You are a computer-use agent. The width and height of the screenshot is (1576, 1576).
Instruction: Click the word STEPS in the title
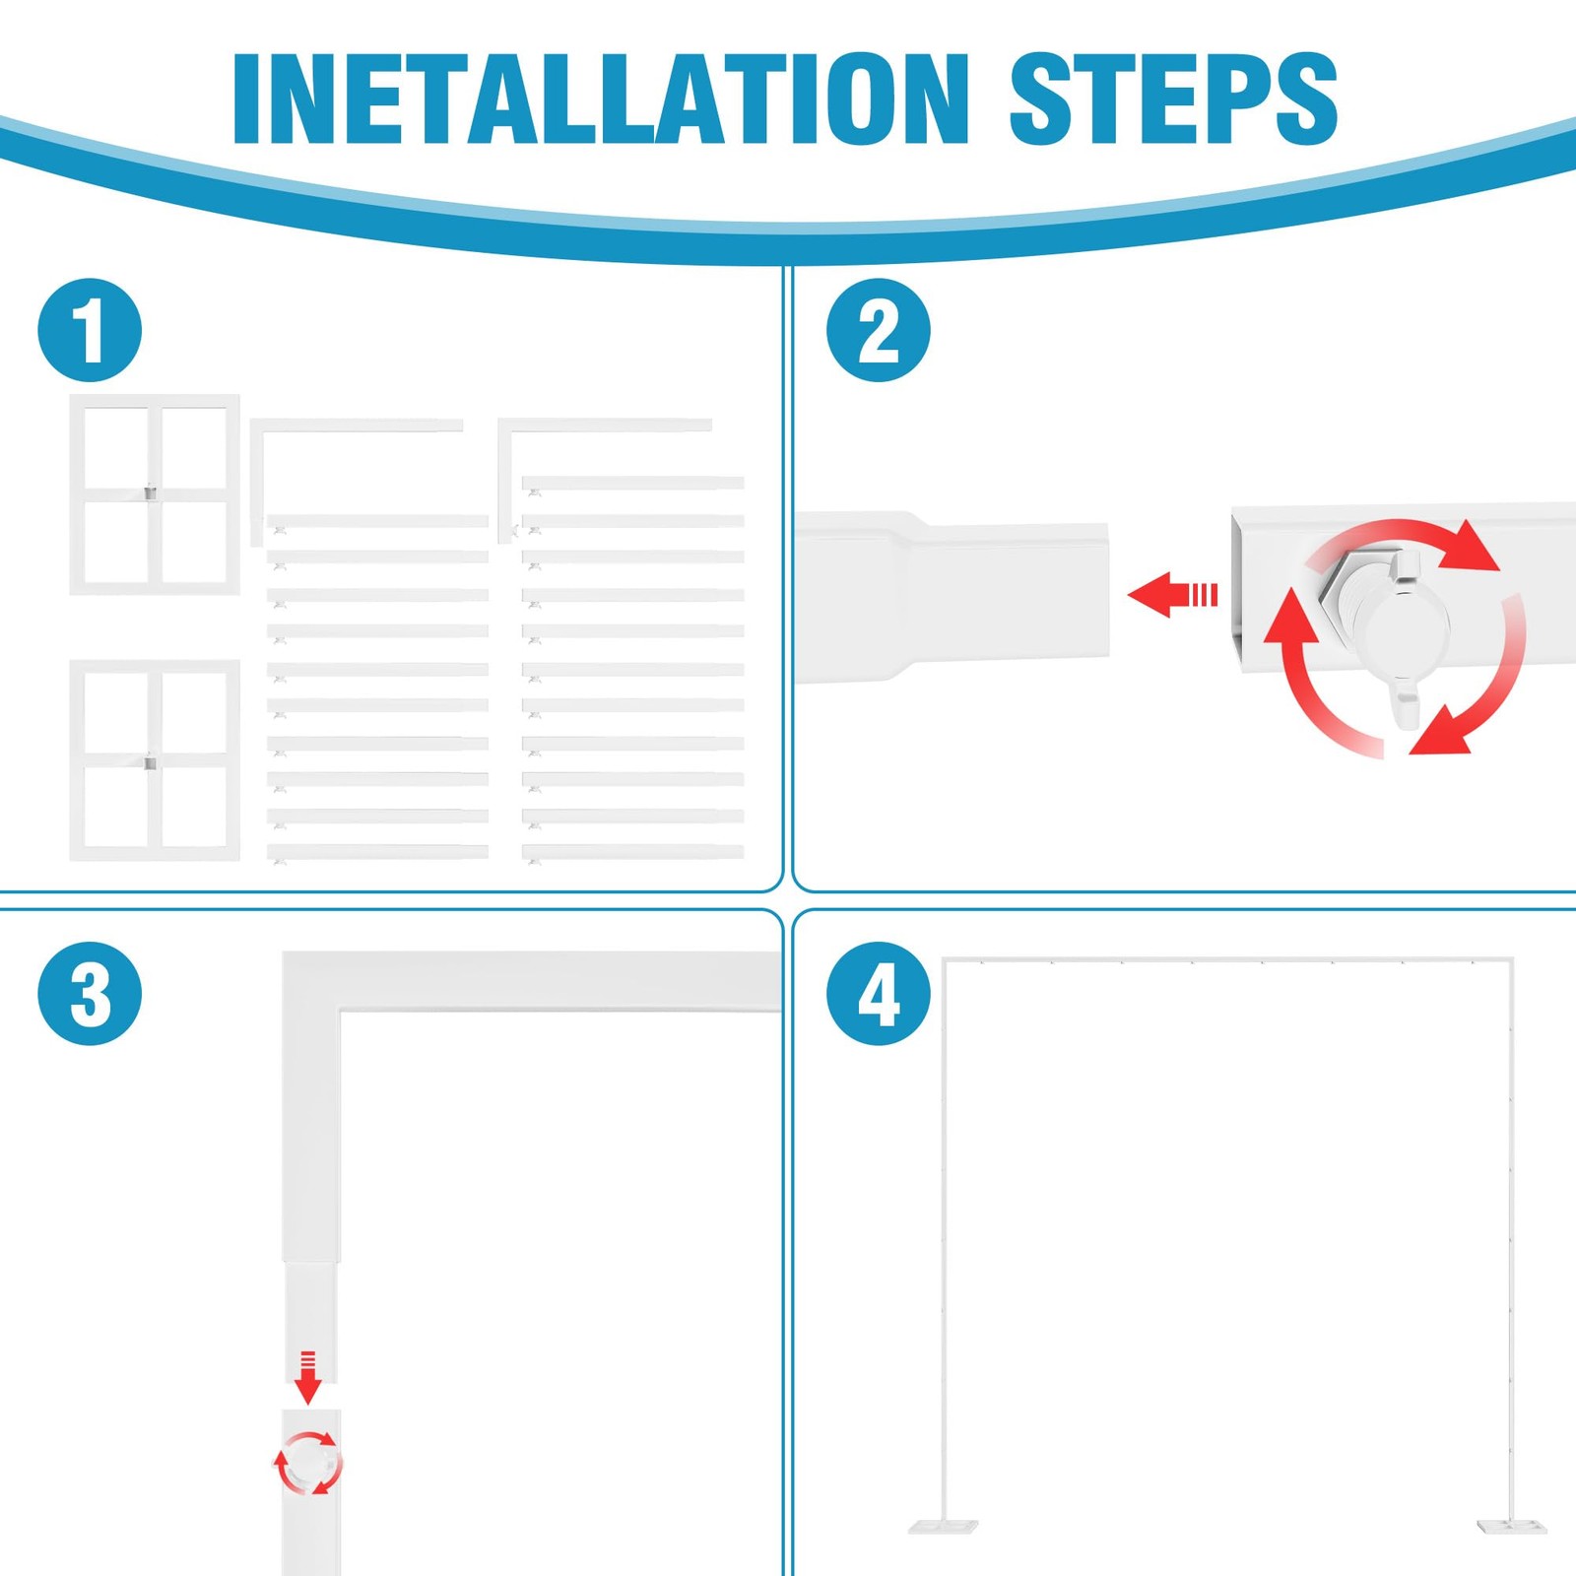point(1174,98)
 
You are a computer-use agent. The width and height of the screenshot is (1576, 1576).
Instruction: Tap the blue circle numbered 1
point(90,330)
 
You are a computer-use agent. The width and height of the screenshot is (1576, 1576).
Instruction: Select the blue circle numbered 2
point(879,330)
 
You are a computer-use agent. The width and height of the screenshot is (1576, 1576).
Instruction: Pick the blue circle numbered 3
point(90,994)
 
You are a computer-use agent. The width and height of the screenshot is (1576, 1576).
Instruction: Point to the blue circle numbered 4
point(879,994)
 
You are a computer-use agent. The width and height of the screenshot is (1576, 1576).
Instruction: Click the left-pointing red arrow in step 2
point(1172,595)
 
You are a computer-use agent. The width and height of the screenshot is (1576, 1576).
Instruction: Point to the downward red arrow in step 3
point(308,1377)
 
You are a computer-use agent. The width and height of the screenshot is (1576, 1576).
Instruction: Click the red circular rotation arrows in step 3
point(308,1464)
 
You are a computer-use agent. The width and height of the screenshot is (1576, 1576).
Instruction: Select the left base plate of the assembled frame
point(943,1527)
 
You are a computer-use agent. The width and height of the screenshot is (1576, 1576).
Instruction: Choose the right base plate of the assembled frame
point(1512,1527)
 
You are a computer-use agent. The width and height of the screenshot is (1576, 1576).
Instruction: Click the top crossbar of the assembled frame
point(1228,958)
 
